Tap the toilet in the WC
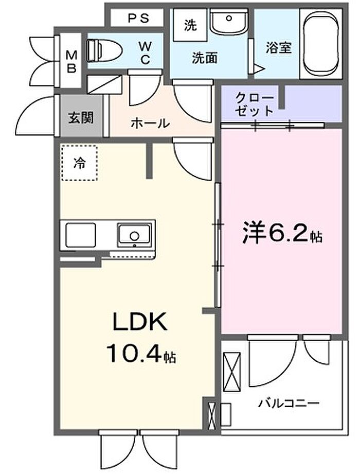[104, 50]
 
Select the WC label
[145, 53]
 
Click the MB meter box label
[71, 62]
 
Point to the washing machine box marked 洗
[190, 25]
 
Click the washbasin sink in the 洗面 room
[229, 22]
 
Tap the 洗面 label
[205, 58]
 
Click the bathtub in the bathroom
[321, 44]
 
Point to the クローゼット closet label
[254, 104]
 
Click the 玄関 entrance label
[81, 117]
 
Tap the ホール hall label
[150, 123]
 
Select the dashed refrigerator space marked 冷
[79, 163]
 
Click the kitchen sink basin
[134, 236]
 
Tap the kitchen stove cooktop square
[81, 235]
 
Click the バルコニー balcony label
[289, 403]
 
